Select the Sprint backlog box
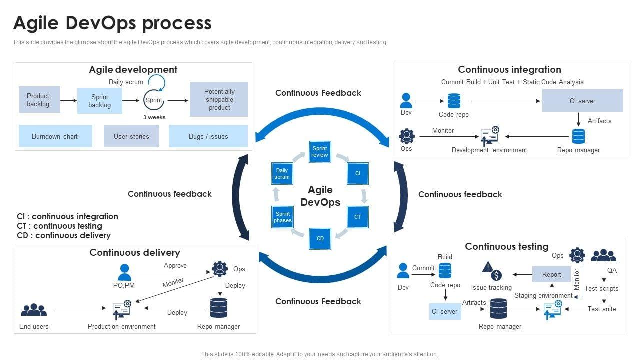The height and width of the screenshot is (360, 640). pos(100,101)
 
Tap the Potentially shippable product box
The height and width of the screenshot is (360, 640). pos(219,99)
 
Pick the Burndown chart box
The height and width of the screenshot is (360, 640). pos(55,136)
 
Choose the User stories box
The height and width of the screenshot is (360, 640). pos(131,136)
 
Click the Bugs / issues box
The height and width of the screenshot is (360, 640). pos(208,136)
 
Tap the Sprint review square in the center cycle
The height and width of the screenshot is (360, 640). pos(320,151)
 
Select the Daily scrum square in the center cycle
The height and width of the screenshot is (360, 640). pos(282,174)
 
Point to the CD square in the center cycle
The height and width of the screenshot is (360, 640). pos(320,238)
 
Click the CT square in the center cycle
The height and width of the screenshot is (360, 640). pos(358,217)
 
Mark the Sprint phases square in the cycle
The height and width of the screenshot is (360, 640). pos(282,217)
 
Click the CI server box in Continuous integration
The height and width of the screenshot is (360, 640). pos(582,101)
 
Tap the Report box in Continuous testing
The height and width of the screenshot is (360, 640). pos(551,274)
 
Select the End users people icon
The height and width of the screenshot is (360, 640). pos(34,310)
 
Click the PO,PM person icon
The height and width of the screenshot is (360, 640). pos(124,272)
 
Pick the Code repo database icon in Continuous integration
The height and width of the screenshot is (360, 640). pos(454,101)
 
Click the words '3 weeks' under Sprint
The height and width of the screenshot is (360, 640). pos(154,117)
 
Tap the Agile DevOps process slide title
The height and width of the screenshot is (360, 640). pos(112,23)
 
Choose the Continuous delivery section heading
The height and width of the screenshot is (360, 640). pos(135,252)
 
